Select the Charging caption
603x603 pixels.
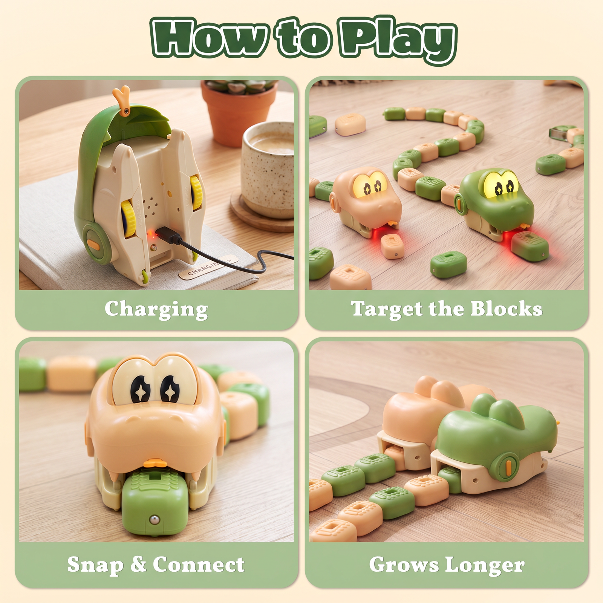pos(156,310)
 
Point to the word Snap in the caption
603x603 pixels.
pos(95,565)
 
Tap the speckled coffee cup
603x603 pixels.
pos(267,170)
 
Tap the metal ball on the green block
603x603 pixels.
pos(154,520)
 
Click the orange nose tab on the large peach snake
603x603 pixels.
pos(155,463)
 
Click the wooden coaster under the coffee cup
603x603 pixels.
pos(260,215)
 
